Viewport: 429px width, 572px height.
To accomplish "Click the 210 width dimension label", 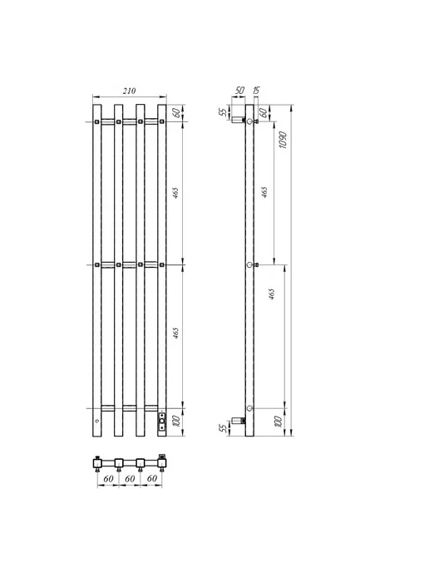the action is pyautogui.click(x=129, y=91).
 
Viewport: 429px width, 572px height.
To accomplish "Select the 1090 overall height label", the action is pyautogui.click(x=283, y=140).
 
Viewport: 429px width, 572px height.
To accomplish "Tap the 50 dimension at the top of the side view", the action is pyautogui.click(x=239, y=90).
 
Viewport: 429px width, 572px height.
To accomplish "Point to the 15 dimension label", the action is pyautogui.click(x=256, y=90).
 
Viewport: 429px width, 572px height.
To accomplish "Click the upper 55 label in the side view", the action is pyautogui.click(x=223, y=112).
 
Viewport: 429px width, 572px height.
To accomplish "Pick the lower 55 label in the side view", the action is pyautogui.click(x=223, y=427).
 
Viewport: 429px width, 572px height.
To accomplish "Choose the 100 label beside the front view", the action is pyautogui.click(x=175, y=422).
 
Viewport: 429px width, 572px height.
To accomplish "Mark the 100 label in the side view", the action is pyautogui.click(x=278, y=422).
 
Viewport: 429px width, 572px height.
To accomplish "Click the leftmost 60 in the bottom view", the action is pyautogui.click(x=108, y=479).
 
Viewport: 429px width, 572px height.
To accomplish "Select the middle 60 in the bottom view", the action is pyautogui.click(x=130, y=479).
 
